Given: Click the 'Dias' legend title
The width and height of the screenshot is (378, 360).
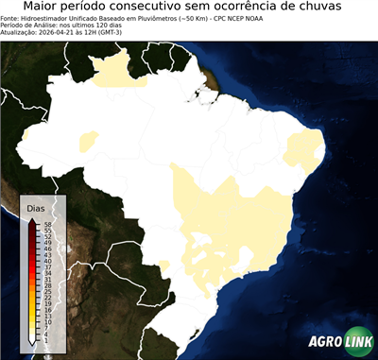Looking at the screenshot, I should click(36, 207).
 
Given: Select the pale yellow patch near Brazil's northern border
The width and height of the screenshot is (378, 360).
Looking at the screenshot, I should click(118, 71).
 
